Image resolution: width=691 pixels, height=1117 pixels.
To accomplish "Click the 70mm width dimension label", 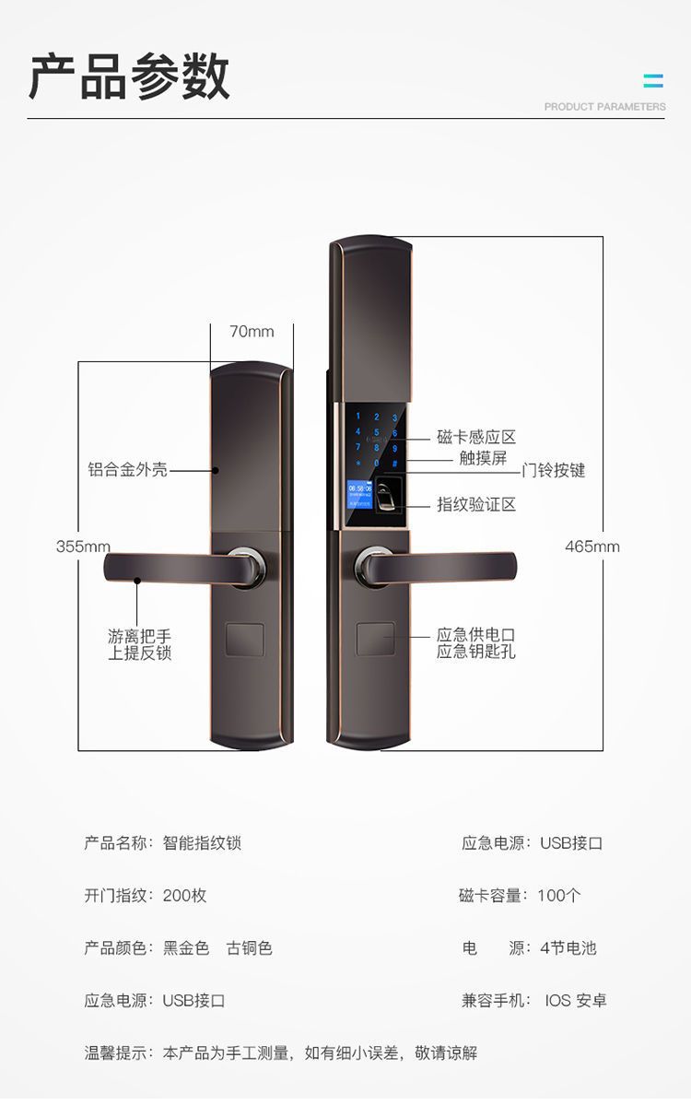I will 252,332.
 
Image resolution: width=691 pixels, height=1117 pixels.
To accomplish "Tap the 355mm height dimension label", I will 83,547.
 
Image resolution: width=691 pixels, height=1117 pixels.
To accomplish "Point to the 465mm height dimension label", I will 591,547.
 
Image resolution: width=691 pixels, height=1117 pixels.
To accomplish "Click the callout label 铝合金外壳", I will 128,470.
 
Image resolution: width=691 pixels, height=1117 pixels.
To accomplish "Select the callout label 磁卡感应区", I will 476,437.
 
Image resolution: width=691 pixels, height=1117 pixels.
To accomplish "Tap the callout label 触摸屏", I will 483,458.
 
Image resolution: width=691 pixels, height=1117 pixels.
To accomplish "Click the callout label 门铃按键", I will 553,471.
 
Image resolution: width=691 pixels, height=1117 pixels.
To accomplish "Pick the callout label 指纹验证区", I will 476,504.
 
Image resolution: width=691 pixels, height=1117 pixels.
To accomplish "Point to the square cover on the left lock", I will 245,640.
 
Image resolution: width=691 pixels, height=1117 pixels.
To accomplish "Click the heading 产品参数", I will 129,76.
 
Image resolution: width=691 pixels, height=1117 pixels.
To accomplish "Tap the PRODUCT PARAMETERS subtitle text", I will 604,107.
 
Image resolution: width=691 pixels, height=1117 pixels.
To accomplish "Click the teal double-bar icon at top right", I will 653,81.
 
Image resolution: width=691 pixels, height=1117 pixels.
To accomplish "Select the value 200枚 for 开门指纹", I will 185,895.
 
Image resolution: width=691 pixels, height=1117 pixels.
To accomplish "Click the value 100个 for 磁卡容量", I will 559,895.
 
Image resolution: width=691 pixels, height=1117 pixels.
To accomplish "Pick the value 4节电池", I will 568,947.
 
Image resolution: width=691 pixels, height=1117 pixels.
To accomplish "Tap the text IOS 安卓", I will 576,1000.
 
